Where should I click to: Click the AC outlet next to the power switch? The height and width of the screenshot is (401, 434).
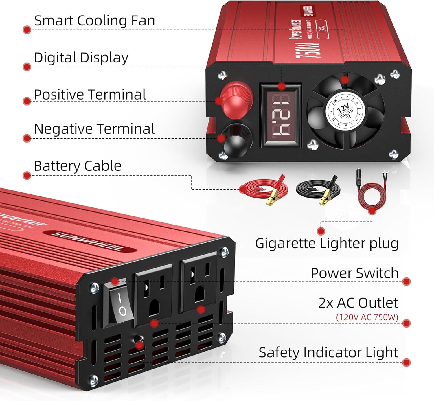pos(153,295)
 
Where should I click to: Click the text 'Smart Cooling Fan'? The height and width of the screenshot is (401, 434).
pos(95,21)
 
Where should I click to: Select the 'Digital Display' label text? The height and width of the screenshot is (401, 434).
pos(81,58)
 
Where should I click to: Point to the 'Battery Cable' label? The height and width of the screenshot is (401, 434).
pos(78,166)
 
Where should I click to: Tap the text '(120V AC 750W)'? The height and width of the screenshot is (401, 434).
pos(367,317)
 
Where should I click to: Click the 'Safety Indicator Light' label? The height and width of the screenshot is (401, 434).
pos(328,352)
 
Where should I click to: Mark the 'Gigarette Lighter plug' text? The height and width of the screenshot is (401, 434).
pos(327,243)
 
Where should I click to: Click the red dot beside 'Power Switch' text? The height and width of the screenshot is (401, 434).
pos(406,281)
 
